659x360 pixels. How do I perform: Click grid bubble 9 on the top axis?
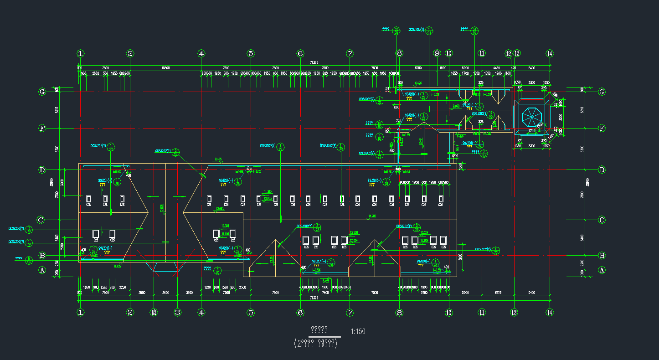point(437,53)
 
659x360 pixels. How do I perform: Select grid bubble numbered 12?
point(509,53)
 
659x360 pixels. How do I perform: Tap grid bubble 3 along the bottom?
point(178,312)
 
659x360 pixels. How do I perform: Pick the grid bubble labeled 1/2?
point(154,312)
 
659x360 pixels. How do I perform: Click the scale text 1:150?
point(358,331)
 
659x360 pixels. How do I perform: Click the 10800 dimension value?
point(165,68)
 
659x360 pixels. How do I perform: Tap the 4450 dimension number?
point(496,68)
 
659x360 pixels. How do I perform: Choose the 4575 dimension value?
point(497,292)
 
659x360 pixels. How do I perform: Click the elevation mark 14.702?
point(372,216)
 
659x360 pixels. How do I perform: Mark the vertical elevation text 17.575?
point(162,208)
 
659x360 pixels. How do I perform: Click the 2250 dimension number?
point(123,288)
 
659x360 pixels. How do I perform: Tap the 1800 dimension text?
point(443,68)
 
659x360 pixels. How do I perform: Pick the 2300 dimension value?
point(242,288)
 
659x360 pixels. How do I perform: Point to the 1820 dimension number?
point(207,288)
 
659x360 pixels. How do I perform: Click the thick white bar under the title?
point(324,336)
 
